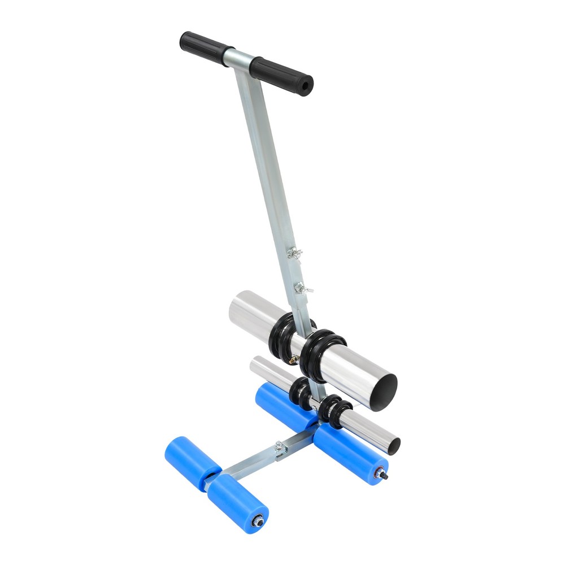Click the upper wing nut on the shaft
click(x=294, y=253)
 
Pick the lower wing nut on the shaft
click(x=303, y=288)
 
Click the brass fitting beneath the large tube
click(x=292, y=359)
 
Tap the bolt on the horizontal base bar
click(x=280, y=448)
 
